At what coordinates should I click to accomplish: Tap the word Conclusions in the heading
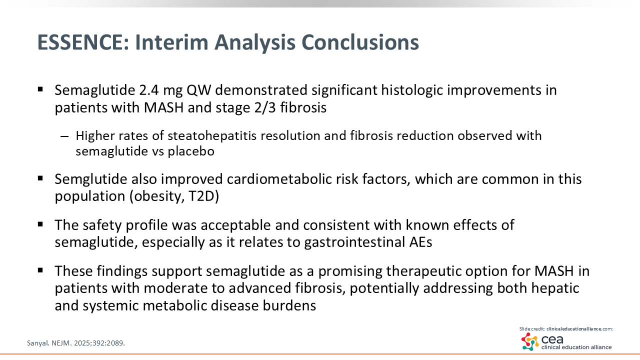pos(360,42)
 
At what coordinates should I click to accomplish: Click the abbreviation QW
pos(198,90)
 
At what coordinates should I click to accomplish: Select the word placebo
pos(191,151)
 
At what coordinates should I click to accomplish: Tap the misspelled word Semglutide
pos(91,179)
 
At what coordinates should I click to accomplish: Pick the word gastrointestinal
pos(354,242)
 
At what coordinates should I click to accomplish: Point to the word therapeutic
pos(423,271)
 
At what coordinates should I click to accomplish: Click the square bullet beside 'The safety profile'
pos(40,224)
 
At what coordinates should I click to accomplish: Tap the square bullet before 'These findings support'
pos(40,270)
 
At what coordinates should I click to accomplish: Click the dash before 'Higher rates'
pos(64,136)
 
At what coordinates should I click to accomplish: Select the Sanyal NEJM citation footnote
pos(76,343)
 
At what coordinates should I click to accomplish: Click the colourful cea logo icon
pos(529,341)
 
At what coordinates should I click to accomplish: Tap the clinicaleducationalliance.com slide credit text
pos(579,329)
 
